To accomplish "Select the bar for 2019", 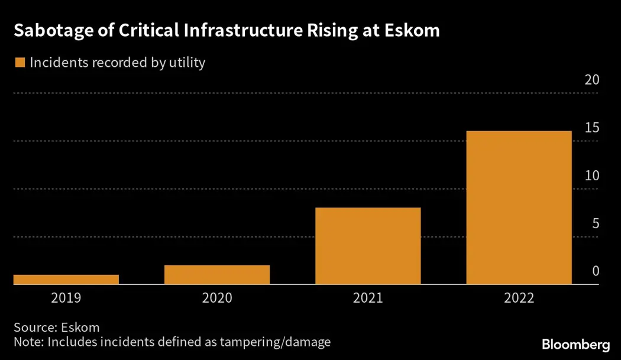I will point(66,280).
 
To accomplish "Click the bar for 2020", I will point(217,275).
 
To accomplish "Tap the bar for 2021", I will point(368,246).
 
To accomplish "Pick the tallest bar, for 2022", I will point(519,207).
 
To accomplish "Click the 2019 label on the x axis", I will point(66,298).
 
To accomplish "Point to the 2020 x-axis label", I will point(217,298).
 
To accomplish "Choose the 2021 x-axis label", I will point(368,298).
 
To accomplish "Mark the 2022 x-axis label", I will point(519,298).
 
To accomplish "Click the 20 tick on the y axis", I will point(591,80).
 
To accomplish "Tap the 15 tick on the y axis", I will point(591,128).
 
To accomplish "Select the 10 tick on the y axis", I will point(591,176).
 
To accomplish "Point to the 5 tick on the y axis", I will point(595,224).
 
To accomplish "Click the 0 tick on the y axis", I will point(596,271).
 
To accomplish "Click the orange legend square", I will point(20,62).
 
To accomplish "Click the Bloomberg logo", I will point(575,345).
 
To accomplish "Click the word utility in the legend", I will point(185,62).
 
